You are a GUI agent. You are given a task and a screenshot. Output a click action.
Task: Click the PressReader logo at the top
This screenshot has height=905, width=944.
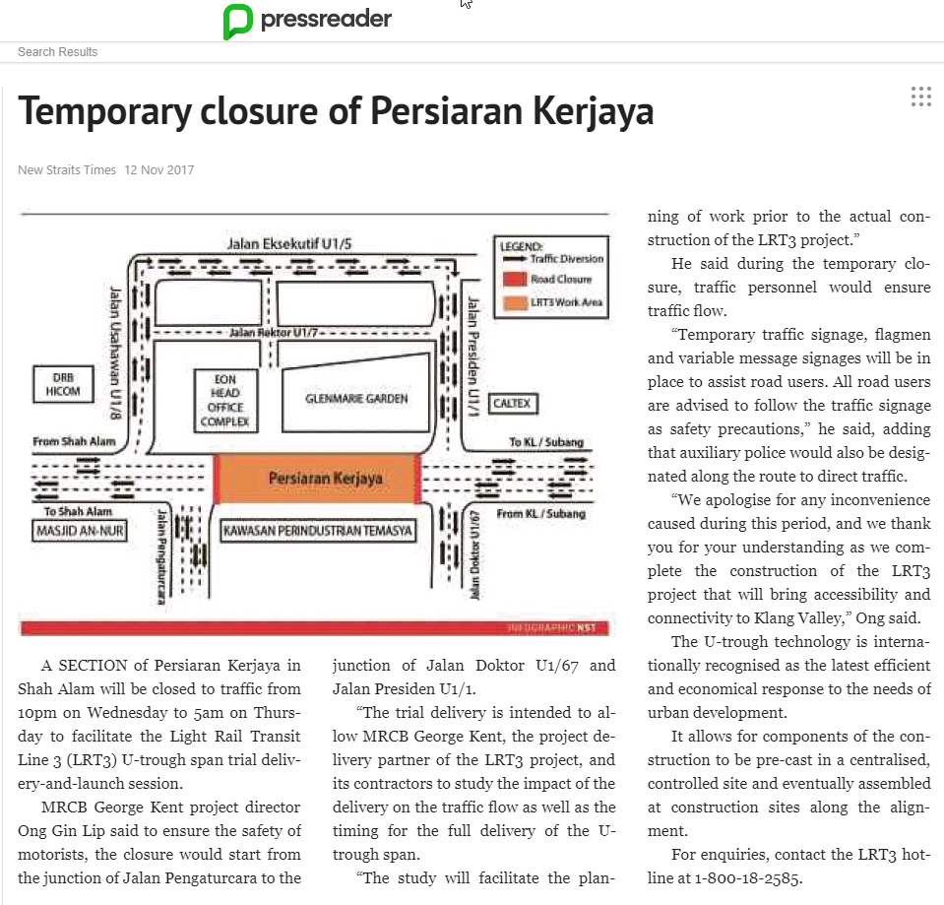click(x=307, y=20)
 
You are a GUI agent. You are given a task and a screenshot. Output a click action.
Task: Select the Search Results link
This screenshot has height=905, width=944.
click(x=57, y=51)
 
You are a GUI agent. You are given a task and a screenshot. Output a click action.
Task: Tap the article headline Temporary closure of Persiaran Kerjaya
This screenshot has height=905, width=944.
click(x=336, y=111)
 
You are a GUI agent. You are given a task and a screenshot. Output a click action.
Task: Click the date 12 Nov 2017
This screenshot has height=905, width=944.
click(x=159, y=170)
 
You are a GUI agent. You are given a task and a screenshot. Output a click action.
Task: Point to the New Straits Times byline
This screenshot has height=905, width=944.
click(x=67, y=170)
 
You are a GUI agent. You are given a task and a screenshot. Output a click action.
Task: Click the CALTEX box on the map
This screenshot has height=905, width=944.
click(x=512, y=403)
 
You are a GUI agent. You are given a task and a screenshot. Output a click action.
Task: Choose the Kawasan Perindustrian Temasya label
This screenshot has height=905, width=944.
click(x=317, y=532)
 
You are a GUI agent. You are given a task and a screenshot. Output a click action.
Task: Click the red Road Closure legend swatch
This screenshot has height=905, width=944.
click(x=514, y=280)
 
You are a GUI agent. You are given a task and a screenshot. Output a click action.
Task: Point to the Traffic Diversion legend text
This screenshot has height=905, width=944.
click(x=566, y=259)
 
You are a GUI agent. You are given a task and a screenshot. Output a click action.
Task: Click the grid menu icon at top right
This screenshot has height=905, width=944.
click(x=920, y=96)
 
